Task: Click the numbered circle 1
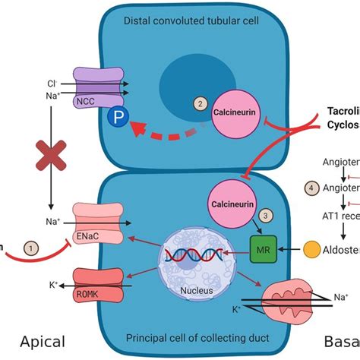click(x=31, y=248)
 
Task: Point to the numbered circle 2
click(x=200, y=103)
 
